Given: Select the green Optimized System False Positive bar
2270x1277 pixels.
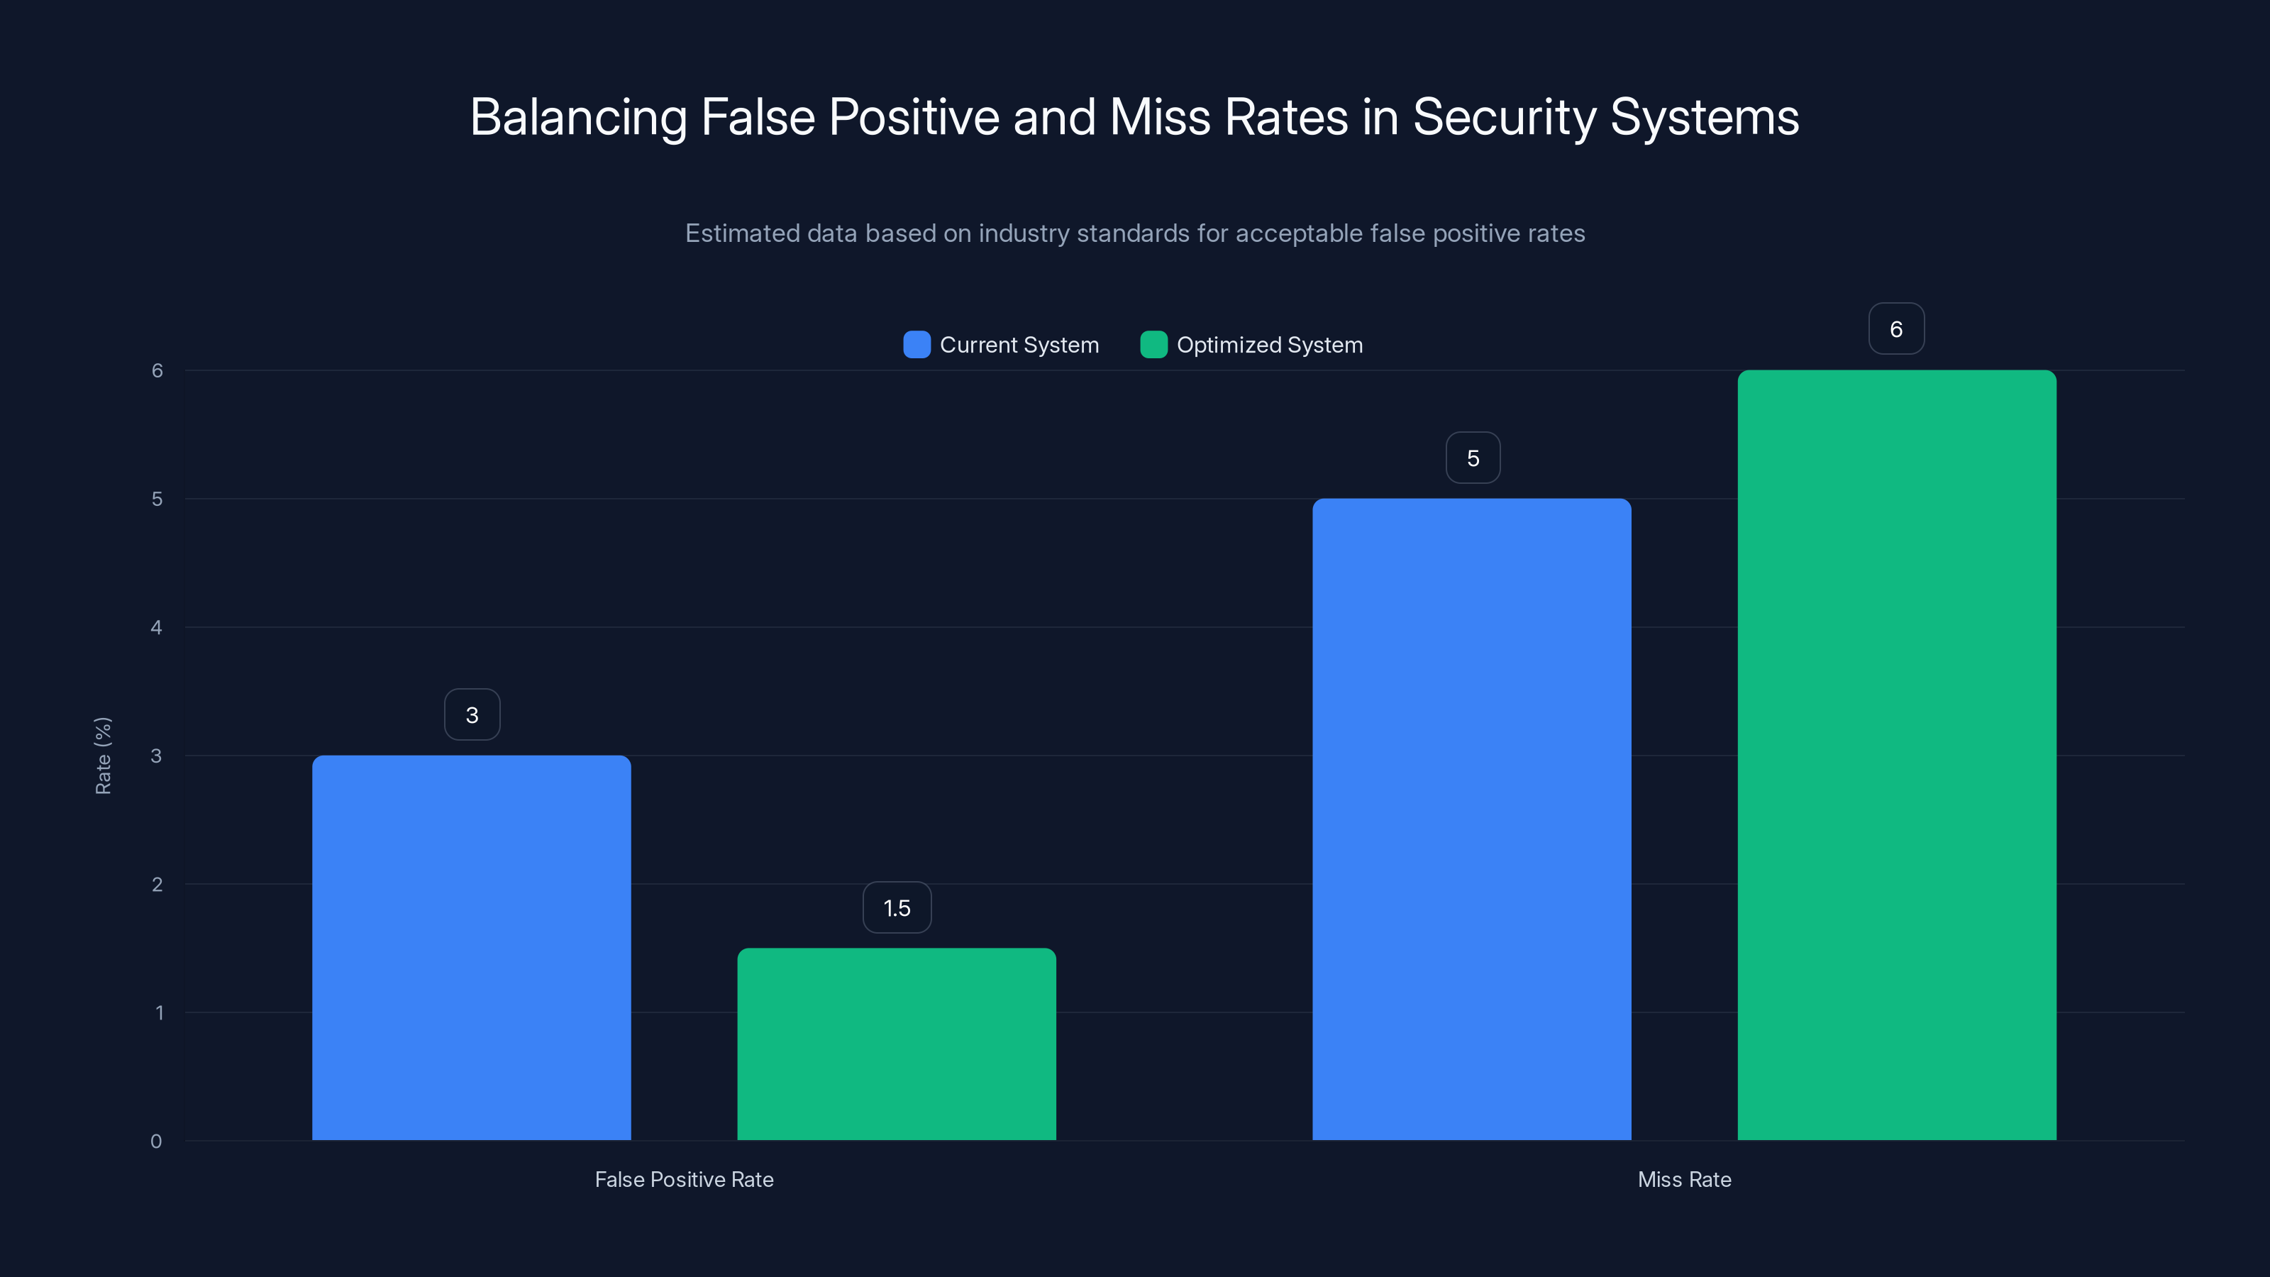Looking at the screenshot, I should tap(896, 1044).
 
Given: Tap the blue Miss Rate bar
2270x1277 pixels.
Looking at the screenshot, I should tap(1472, 819).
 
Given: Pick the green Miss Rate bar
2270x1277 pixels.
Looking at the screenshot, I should tap(1896, 756).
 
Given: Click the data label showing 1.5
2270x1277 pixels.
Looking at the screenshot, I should tap(896, 908).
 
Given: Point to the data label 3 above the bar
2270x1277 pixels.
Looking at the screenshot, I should tap(472, 714).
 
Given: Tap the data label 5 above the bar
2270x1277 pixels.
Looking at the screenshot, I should tap(1473, 458).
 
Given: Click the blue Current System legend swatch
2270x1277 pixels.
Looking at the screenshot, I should tap(917, 345).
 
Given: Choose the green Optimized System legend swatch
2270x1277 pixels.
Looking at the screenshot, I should tap(1153, 345).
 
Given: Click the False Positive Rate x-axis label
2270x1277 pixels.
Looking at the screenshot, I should tap(684, 1179).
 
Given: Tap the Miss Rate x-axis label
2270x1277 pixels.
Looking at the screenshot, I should tap(1684, 1179).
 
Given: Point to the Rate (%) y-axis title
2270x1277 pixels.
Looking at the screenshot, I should tap(103, 756).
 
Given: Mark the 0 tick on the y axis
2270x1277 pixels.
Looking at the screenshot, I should tap(156, 1141).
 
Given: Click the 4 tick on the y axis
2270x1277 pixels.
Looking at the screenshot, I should tap(156, 627).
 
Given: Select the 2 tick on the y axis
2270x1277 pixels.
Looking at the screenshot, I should tap(157, 884).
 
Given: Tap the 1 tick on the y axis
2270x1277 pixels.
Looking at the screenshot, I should tap(159, 1012).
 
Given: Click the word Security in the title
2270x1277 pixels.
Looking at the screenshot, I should tap(1504, 117).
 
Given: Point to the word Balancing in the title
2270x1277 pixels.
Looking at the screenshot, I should tap(578, 117).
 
